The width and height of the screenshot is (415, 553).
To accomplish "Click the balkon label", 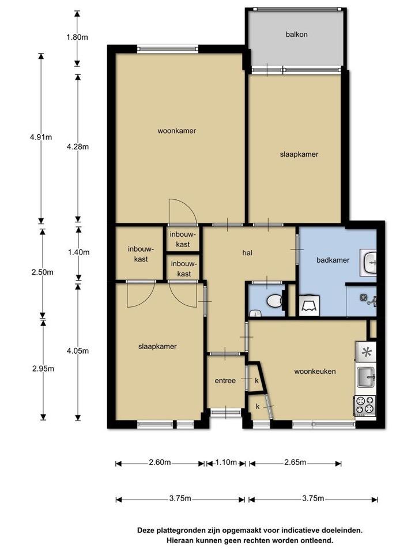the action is tap(296, 34).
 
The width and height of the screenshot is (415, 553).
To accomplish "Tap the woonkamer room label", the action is tap(177, 131).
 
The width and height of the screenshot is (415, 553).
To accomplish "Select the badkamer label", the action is tap(333, 260).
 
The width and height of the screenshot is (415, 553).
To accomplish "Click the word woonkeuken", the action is tap(315, 371).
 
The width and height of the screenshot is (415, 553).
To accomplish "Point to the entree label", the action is tap(225, 381).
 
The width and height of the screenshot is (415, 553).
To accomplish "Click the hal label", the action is tap(247, 252).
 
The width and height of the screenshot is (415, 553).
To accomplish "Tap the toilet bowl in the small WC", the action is tap(274, 301).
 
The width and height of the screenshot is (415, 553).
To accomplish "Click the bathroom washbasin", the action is tap(368, 263).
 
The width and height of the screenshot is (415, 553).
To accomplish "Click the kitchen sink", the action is tap(366, 377).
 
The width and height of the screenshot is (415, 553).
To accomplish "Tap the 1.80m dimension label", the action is tap(77, 37).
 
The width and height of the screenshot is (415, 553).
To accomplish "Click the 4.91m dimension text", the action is tap(41, 137).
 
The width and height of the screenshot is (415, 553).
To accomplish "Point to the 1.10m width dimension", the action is tap(226, 462).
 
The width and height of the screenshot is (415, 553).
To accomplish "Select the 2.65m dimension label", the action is tap(295, 462).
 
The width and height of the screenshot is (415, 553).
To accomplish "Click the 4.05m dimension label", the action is tap(78, 351).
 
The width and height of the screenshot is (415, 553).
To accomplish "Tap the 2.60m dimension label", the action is tap(160, 462).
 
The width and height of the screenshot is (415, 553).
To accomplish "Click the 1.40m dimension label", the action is tap(78, 252).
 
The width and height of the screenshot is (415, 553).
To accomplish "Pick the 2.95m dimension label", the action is tap(43, 369).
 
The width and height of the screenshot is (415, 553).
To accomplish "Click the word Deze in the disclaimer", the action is tap(146, 530).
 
